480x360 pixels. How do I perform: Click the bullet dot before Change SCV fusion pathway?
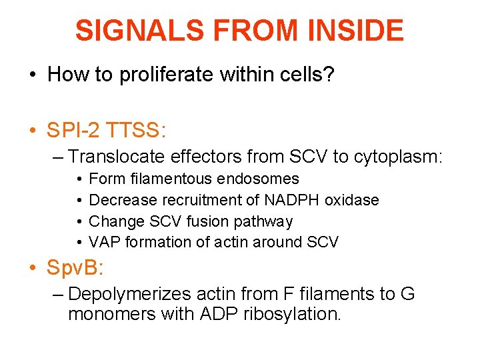pos(77,221)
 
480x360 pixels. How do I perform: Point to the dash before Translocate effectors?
pos(57,157)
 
